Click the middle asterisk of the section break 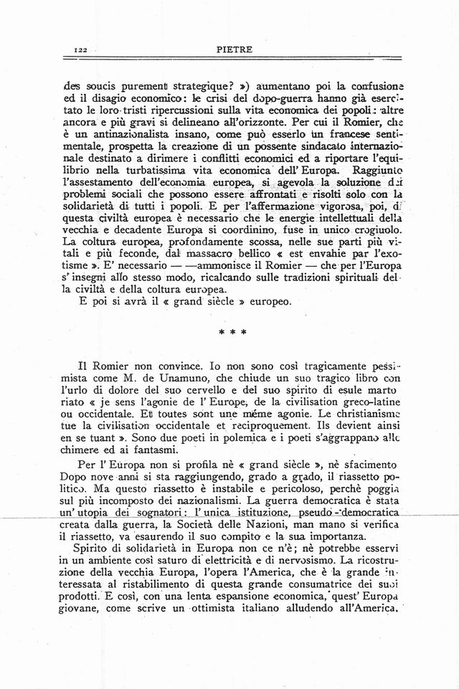[229, 333]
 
